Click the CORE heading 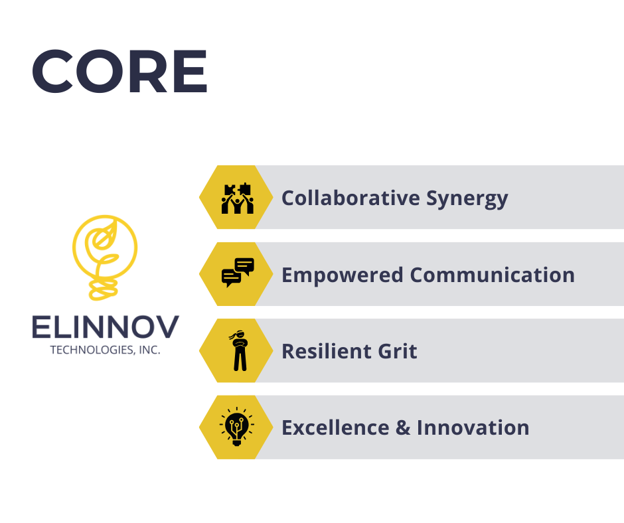tap(119, 71)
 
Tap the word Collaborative tap(351, 198)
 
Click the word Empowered tap(343, 275)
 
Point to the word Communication tap(493, 275)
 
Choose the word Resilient tap(326, 352)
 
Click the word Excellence tap(335, 428)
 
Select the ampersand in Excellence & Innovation tap(403, 428)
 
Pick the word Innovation tap(473, 428)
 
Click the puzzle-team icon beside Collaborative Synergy tap(237, 198)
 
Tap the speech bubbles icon tap(238, 273)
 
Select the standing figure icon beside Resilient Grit tap(239, 350)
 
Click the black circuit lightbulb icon tap(237, 426)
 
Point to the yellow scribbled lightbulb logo tap(105, 257)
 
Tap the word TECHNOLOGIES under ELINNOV tap(92, 350)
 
